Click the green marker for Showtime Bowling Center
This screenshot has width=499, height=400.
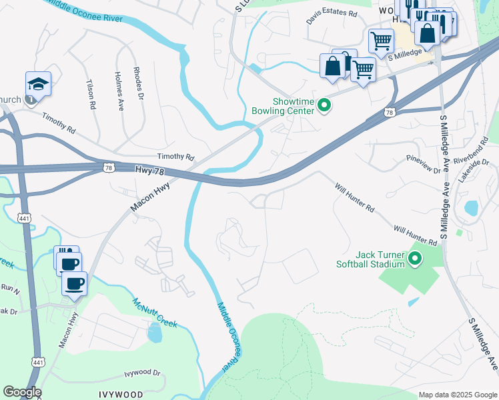[x=324, y=106]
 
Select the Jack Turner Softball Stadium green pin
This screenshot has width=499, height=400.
[x=415, y=258]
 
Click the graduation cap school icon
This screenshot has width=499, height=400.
[x=38, y=85]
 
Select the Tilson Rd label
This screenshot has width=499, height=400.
[x=91, y=95]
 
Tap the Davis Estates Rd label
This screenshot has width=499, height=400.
[x=332, y=13]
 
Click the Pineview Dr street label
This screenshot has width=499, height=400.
[x=424, y=165]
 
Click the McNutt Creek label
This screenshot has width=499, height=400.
[x=154, y=312]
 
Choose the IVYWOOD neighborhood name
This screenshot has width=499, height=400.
[x=120, y=394]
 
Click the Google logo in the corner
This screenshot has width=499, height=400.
[x=22, y=392]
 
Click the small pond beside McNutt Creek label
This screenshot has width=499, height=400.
[x=155, y=332]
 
